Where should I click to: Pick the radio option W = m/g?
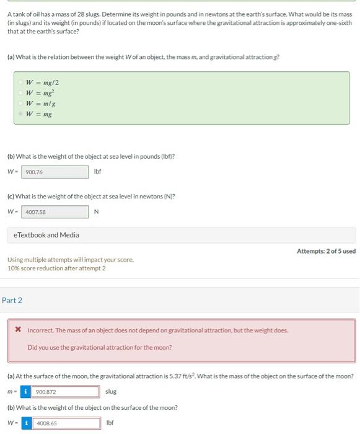pyautogui.click(x=20, y=104)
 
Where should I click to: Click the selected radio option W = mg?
pyautogui.click(x=20, y=114)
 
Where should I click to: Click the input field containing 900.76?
pyautogui.click(x=55, y=172)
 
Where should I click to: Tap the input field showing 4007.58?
pyautogui.click(x=55, y=212)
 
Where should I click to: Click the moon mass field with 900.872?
pyautogui.click(x=67, y=392)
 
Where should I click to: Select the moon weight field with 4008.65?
pyautogui.click(x=67, y=423)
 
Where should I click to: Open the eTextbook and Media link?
pyautogui.click(x=46, y=235)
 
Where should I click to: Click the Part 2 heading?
pyautogui.click(x=12, y=300)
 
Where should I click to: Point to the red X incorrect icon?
pyautogui.click(x=19, y=330)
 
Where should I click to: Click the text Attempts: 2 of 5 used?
pyautogui.click(x=326, y=251)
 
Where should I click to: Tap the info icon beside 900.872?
pyautogui.click(x=26, y=392)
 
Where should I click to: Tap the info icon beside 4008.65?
pyautogui.click(x=26, y=423)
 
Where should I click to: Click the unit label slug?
pyautogui.click(x=111, y=392)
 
